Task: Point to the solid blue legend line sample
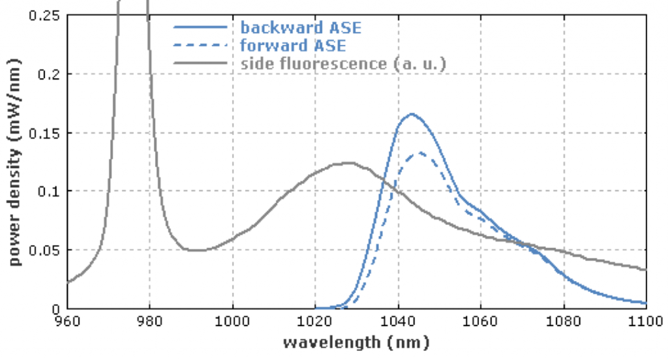pos(201,27)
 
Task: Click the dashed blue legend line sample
pos(201,46)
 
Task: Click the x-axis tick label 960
pos(67,322)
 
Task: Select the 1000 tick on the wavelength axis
pos(232,322)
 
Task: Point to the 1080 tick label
pos(563,322)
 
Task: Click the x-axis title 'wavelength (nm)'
pos(356,342)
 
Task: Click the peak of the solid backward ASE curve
pos(412,114)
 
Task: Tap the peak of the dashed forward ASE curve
pos(421,153)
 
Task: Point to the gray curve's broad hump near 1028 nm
pos(348,162)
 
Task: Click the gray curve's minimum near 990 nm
pos(193,250)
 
